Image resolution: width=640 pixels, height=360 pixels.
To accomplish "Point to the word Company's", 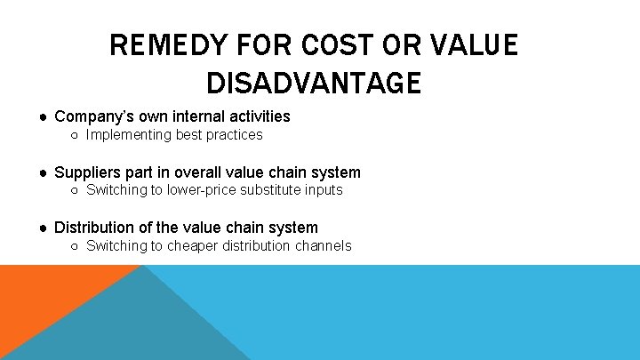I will (92, 116).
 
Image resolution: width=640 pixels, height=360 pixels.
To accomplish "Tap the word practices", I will (234, 135).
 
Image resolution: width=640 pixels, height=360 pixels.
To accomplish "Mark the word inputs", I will (322, 190).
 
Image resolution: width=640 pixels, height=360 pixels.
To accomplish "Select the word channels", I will (322, 245).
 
